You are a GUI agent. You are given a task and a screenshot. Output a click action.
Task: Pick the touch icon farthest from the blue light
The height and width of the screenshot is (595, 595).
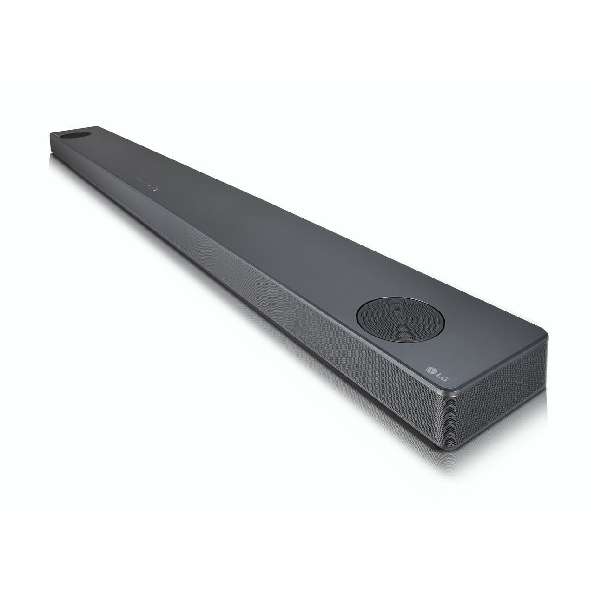coord(137,180)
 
